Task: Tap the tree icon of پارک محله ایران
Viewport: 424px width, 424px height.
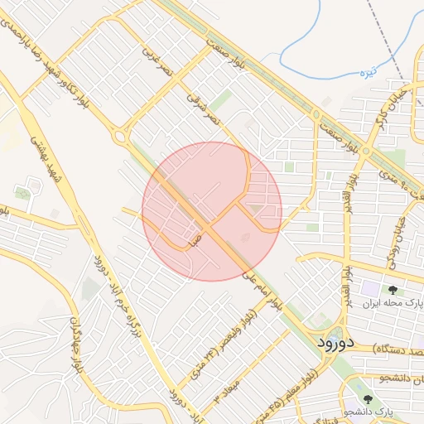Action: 392,291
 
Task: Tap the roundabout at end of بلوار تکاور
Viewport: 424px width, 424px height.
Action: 121,135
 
